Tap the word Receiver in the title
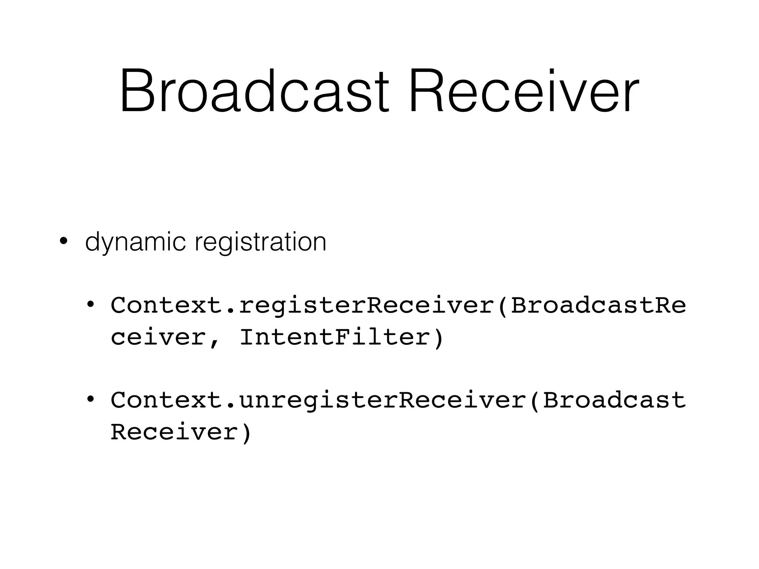pyautogui.click(x=524, y=91)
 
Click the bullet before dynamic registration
pyautogui.click(x=64, y=242)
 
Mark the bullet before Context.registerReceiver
pyautogui.click(x=90, y=305)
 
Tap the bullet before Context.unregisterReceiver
pyautogui.click(x=90, y=400)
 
